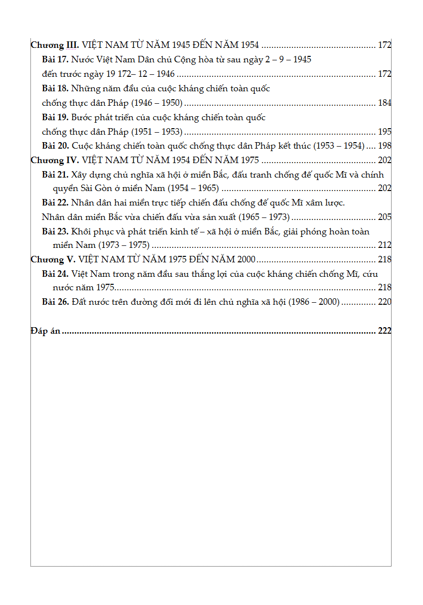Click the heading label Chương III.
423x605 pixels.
point(54,45)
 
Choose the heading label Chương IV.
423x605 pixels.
point(54,160)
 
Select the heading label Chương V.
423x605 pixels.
point(53,259)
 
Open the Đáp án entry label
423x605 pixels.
point(45,331)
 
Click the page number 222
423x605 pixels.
point(385,331)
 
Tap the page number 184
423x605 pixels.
point(385,103)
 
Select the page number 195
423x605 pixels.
point(385,132)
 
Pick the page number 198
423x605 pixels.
point(385,146)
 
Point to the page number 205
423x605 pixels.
point(385,217)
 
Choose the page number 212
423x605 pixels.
point(385,245)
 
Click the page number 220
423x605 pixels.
point(385,302)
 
